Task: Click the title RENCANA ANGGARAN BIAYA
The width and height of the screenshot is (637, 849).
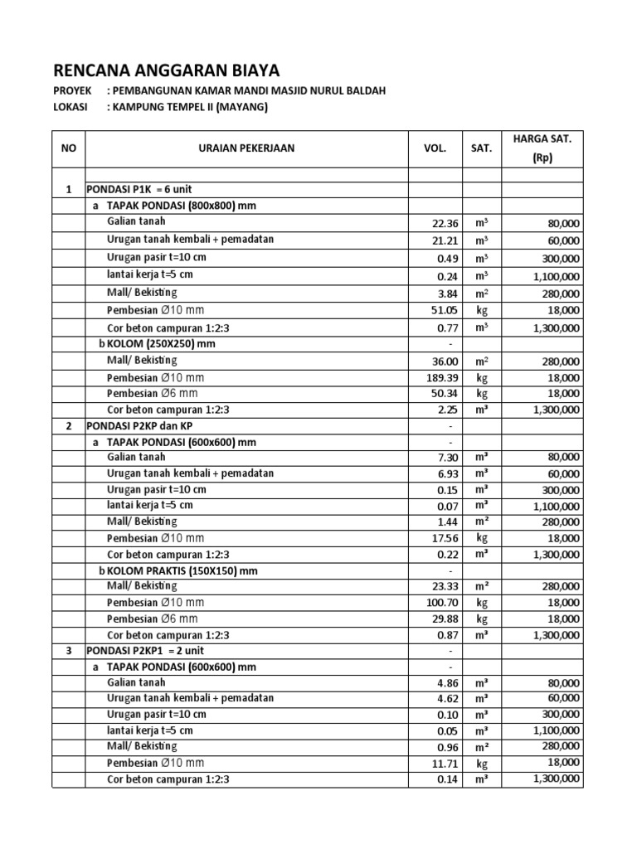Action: tap(167, 69)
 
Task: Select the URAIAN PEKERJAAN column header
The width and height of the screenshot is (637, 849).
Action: tap(246, 149)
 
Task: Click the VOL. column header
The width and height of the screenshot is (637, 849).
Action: tap(435, 149)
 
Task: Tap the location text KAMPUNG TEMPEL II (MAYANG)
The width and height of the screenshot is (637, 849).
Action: tap(192, 107)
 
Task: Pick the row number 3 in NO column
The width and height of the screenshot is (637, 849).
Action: tap(69, 652)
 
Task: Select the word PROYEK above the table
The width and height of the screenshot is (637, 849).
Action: tap(73, 90)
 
